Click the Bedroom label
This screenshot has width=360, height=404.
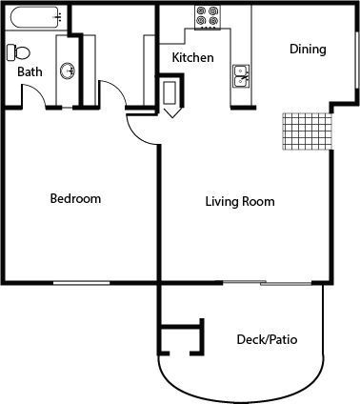pos(75,199)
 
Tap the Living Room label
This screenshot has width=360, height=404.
pos(240,202)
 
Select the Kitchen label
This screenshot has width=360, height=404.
pos(192,58)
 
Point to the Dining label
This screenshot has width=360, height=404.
pos(308,50)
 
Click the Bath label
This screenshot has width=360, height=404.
pos(29,72)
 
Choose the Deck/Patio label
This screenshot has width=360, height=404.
pos(267,339)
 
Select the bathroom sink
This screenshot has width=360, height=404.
pos(68,71)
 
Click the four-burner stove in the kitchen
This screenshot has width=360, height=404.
pos(208,16)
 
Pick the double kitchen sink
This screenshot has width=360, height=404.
pos(241,76)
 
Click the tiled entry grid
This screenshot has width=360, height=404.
pos(305,131)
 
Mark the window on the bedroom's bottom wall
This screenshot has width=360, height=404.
pos(80,282)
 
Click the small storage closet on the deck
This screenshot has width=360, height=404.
pos(182,337)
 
